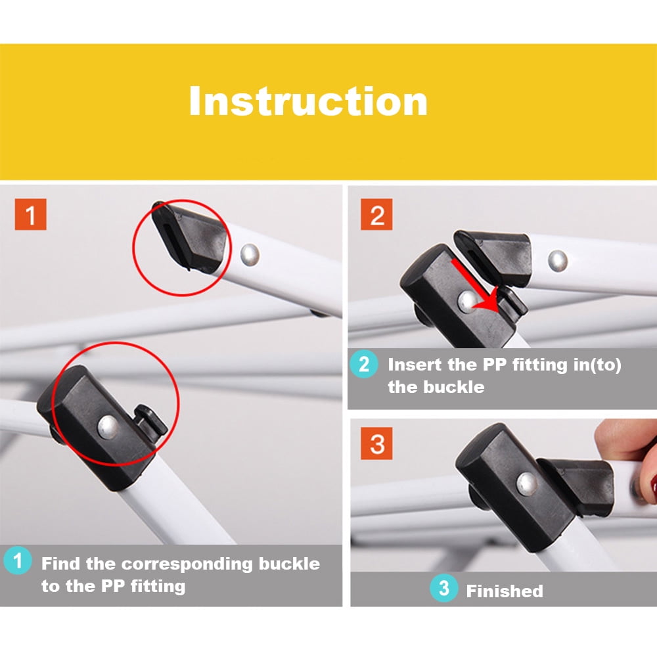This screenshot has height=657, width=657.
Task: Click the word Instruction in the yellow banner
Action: pos(308,101)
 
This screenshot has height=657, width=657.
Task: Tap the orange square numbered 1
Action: pos(31,215)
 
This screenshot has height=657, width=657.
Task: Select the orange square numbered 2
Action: pos(376,215)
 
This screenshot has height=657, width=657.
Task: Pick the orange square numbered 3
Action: pos(376,443)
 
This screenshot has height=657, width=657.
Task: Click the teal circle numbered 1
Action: pos(18,560)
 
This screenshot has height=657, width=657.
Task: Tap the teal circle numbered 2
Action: pos(364,364)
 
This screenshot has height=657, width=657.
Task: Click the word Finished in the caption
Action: pos(505,591)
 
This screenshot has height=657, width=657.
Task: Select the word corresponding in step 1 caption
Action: pos(187,564)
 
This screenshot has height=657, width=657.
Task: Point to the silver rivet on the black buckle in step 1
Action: pos(108,427)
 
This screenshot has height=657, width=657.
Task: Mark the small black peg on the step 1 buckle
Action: pos(151,422)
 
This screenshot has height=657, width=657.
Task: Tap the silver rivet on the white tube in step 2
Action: pos(558,260)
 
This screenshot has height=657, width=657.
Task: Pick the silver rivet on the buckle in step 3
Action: pos(527,483)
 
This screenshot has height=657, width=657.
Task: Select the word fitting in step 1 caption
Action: pos(158,587)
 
